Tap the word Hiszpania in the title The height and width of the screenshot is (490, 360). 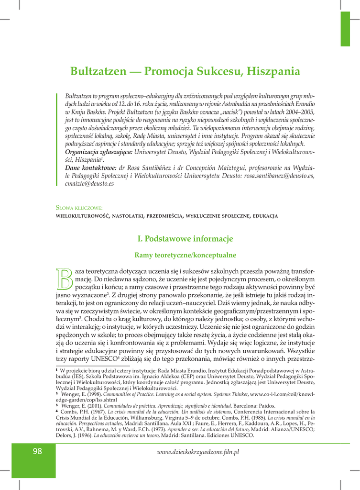[x=273, y=72]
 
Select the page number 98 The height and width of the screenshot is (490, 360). [x=38, y=451]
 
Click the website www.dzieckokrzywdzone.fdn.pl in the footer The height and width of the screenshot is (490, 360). [x=198, y=451]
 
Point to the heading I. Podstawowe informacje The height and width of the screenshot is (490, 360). [x=185, y=238]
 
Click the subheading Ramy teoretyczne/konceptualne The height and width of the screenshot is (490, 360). [x=185, y=255]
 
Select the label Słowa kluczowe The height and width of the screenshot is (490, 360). [x=79, y=208]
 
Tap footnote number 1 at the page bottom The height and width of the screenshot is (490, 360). [x=57, y=370]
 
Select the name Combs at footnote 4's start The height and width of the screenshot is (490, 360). [x=70, y=412]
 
